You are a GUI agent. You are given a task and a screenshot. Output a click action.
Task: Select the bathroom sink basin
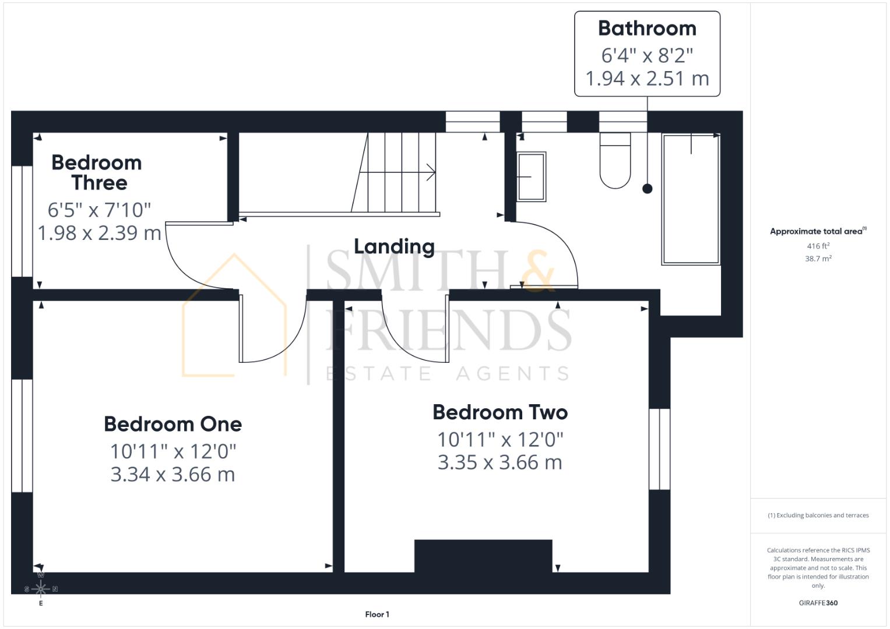[x=531, y=176]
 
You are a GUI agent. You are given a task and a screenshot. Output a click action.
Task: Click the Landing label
[x=394, y=246]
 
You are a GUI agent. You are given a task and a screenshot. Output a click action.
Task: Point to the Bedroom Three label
[x=97, y=172]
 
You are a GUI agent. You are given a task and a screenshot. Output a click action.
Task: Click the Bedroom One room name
[x=173, y=424]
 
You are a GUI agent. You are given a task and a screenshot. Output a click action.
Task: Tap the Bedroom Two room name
[x=500, y=412]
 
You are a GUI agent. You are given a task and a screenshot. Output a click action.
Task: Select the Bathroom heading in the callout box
[x=647, y=28]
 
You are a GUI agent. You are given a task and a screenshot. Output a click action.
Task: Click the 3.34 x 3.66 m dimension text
[x=173, y=475]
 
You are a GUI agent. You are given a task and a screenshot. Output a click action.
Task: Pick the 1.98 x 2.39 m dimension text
[x=99, y=233]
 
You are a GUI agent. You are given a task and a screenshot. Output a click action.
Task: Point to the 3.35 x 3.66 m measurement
[x=500, y=462]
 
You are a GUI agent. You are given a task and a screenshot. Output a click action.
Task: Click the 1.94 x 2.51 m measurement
[x=647, y=78]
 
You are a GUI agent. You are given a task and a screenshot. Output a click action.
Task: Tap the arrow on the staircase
[x=430, y=172]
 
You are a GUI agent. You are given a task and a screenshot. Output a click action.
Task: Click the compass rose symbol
[x=41, y=589]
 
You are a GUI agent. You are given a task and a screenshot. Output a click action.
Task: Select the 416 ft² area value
[x=818, y=246]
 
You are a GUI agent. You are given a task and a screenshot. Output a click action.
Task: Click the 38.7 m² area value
[x=818, y=259]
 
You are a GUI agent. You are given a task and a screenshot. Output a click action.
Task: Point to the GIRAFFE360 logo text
[x=818, y=603]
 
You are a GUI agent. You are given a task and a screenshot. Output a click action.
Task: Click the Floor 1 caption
[x=377, y=614]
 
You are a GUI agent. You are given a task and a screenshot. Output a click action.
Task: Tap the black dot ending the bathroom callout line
[x=647, y=189]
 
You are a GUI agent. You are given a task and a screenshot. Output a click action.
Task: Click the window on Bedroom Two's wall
[x=659, y=449]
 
